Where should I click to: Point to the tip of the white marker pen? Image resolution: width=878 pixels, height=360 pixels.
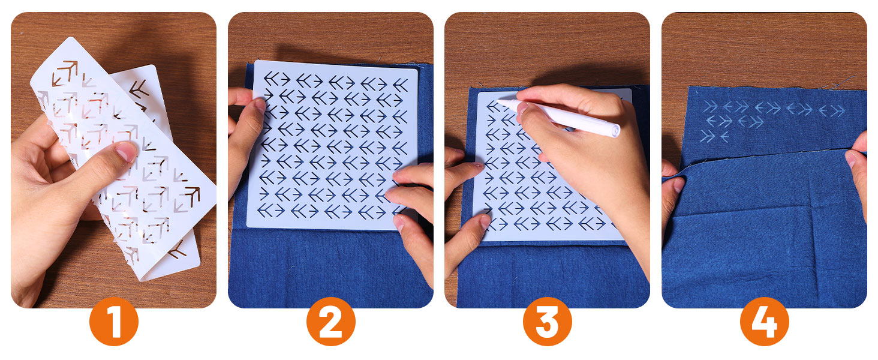pos(499,100)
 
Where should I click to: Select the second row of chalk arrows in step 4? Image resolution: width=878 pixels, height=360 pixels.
pos(734,122)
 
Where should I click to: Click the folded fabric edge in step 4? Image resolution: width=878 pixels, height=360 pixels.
pos(768,155)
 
